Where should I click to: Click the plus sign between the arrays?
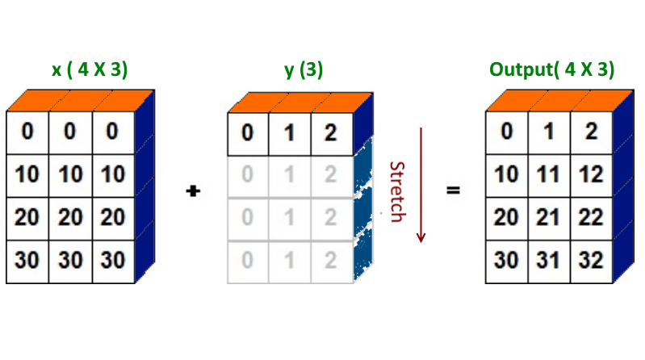[193, 192]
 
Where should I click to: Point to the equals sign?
[454, 192]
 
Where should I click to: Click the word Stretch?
[396, 192]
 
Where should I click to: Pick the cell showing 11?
[548, 174]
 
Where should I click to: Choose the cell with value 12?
[591, 174]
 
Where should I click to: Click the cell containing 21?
[548, 218]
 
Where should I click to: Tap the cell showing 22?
[591, 218]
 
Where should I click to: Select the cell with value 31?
[548, 262]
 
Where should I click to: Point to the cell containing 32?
[591, 262]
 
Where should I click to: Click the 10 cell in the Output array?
[506, 174]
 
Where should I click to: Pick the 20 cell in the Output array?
[506, 218]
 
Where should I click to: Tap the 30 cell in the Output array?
[506, 262]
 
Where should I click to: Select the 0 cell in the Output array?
[506, 131]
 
